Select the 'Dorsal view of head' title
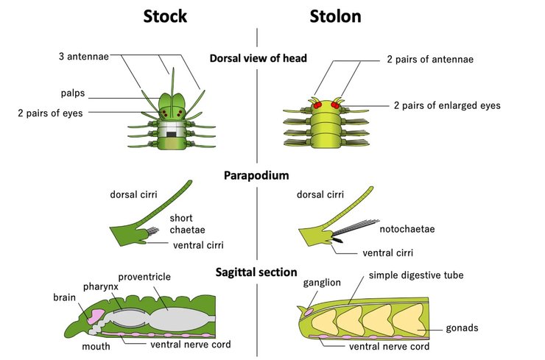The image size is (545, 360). click(258, 58)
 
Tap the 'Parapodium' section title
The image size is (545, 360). click(257, 176)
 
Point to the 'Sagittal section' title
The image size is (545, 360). click(257, 272)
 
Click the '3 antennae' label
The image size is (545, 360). click(84, 56)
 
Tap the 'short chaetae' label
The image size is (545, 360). click(182, 223)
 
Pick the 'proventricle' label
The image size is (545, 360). click(144, 277)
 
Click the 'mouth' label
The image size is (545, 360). click(96, 345)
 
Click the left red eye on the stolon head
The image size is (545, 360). click(320, 106)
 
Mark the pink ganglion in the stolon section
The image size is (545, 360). click(307, 312)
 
